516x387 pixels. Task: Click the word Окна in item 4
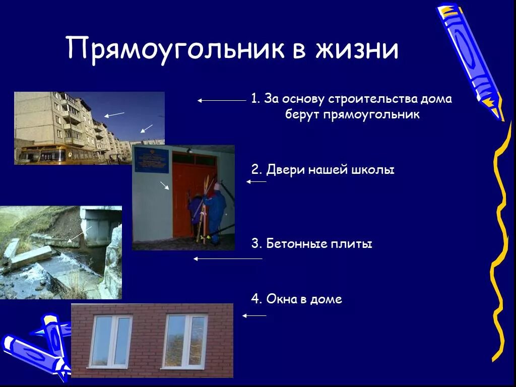pyautogui.click(x=279, y=299)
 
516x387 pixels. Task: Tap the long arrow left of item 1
pyautogui.click(x=222, y=101)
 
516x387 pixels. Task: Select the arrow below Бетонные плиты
pyautogui.click(x=228, y=259)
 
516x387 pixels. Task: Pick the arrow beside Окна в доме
pyautogui.click(x=254, y=316)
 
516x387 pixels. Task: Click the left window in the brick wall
pyautogui.click(x=110, y=341)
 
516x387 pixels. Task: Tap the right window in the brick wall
pyautogui.click(x=185, y=341)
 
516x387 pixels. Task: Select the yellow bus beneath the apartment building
pyautogui.click(x=43, y=155)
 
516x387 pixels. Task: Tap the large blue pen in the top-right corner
pyautogui.click(x=470, y=58)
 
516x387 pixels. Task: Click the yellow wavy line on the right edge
pyautogui.click(x=499, y=242)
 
